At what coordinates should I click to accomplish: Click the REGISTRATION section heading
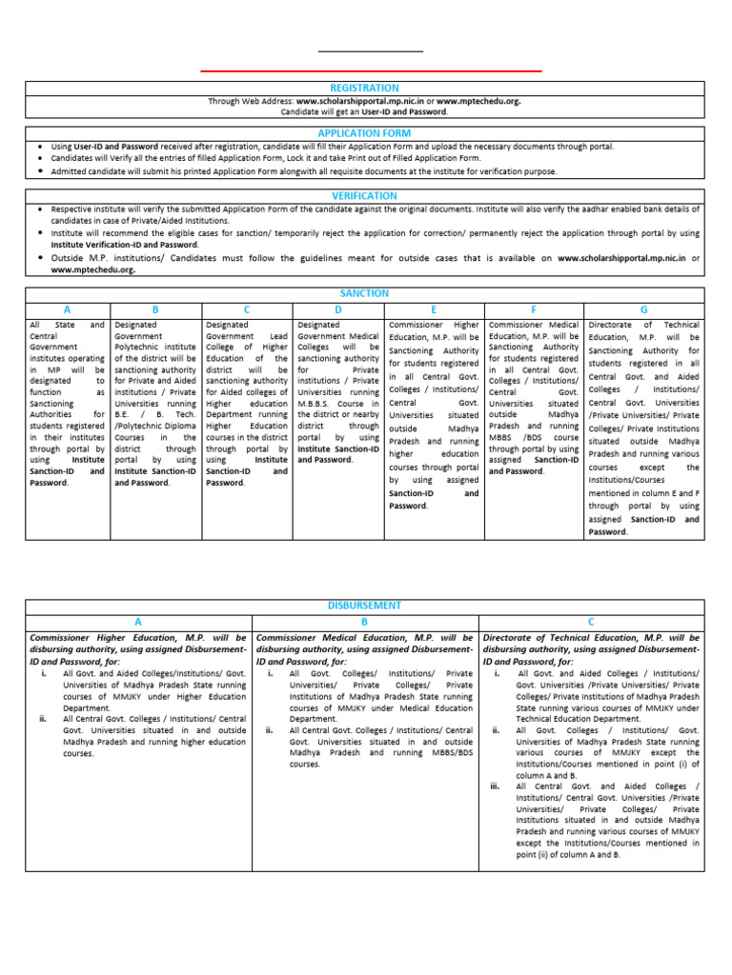364,88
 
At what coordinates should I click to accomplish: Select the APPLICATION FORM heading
364,134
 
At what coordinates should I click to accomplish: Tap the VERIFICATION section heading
364,196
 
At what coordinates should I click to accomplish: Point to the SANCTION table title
364,294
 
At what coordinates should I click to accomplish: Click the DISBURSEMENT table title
364,606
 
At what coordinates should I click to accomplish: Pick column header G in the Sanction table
644,310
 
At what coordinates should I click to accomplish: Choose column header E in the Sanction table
434,310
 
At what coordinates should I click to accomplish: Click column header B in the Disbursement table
364,621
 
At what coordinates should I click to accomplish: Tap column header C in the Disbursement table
591,621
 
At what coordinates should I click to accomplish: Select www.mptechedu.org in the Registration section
478,100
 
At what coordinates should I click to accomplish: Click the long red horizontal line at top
372,70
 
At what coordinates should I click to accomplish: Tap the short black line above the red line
371,50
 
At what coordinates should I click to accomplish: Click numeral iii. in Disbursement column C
496,786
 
